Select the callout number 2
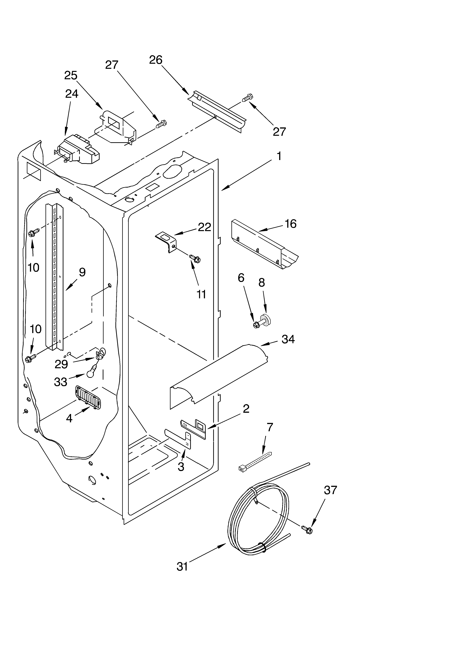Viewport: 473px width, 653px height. (x=246, y=408)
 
